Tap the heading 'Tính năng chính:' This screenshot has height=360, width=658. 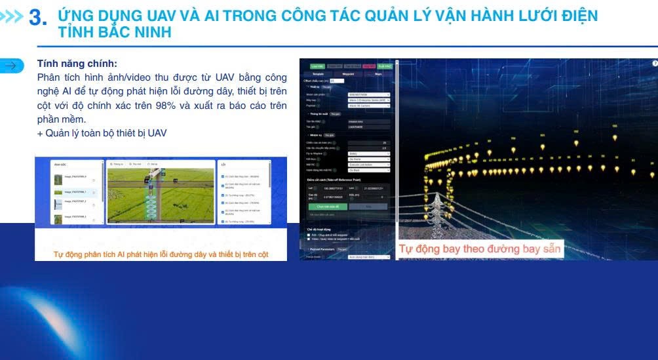(77, 64)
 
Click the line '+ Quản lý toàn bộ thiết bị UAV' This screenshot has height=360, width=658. (102, 133)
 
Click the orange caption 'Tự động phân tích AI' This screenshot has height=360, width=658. (161, 254)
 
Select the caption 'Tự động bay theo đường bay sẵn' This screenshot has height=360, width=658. (480, 249)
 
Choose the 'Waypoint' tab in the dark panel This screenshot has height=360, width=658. (348, 74)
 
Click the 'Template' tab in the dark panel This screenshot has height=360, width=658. (317, 74)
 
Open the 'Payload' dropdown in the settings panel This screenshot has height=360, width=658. (368, 105)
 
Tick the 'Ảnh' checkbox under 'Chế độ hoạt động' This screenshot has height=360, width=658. (309, 234)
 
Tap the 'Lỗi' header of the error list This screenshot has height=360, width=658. (224, 165)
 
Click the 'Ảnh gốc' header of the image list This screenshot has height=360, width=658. (60, 165)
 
